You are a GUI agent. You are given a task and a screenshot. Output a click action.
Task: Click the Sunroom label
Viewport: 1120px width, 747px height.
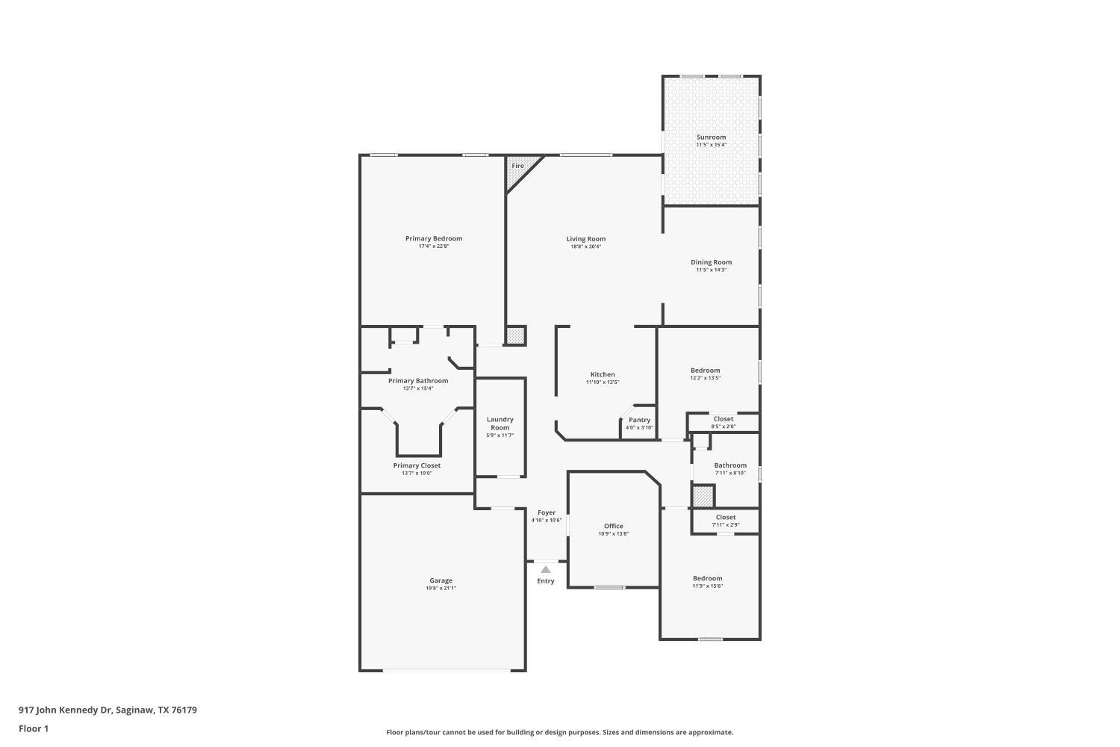711,137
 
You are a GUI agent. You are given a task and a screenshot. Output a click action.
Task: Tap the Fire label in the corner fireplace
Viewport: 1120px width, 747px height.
517,166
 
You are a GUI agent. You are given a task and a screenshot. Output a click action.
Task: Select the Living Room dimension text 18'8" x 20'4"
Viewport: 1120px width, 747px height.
585,247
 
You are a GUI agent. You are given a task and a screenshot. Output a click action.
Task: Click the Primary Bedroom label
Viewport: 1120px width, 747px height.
434,239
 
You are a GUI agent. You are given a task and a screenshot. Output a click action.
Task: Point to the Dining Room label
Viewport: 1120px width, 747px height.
711,262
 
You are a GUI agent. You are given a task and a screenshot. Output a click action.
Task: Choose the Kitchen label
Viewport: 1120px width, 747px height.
603,375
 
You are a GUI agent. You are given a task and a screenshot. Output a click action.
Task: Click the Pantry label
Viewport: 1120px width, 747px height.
639,421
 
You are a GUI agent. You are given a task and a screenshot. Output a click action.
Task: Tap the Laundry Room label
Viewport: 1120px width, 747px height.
500,424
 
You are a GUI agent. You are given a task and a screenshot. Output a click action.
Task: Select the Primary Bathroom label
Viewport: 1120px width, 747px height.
418,381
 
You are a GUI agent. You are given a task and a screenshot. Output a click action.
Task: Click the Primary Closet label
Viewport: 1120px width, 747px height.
417,465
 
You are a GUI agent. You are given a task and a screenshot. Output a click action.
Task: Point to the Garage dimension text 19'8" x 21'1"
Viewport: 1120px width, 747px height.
441,589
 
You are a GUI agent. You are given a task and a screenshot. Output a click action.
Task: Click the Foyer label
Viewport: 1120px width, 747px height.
547,513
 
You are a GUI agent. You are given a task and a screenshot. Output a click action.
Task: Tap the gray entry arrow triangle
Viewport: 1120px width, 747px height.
546,570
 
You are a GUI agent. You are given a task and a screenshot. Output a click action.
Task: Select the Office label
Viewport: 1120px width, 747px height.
614,526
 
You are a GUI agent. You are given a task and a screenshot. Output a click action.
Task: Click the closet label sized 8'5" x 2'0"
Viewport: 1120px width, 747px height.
724,419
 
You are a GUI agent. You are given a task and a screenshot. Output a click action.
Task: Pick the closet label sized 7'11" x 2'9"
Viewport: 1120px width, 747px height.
725,517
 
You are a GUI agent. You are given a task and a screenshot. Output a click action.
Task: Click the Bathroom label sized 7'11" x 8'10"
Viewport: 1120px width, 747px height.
730,465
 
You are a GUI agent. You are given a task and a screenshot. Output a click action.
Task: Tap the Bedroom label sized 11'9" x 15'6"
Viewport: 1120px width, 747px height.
707,578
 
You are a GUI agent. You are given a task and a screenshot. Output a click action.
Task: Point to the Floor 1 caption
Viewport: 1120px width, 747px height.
34,728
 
